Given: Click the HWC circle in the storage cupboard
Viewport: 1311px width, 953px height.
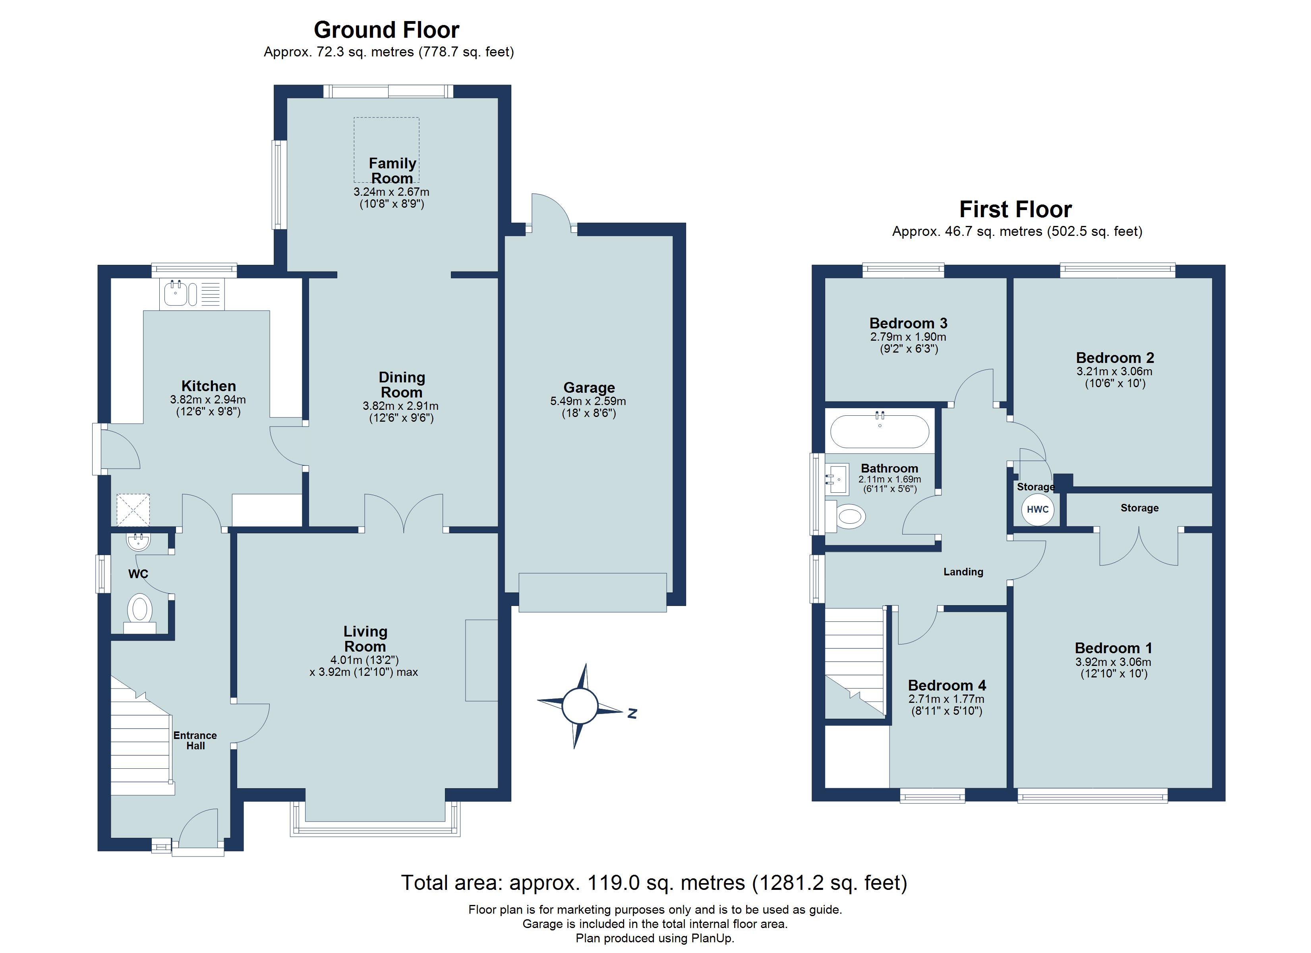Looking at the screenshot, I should tap(1038, 509).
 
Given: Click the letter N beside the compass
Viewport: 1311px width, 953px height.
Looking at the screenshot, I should tap(632, 714).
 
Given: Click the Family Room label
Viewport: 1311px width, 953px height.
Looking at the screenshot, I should tap(393, 170).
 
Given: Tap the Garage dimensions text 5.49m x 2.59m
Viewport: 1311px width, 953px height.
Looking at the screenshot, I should tap(588, 401).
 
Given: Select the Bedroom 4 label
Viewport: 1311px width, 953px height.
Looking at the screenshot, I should tap(947, 685).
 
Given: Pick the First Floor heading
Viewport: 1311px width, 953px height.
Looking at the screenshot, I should tap(1015, 209).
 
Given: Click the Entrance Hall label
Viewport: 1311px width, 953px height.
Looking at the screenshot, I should tap(195, 740).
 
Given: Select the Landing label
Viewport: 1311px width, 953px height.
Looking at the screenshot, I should tap(963, 571).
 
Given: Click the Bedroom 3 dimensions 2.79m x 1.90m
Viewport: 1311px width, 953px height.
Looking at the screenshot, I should tap(908, 337).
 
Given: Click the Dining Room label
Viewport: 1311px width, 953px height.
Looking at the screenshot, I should tap(402, 384).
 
